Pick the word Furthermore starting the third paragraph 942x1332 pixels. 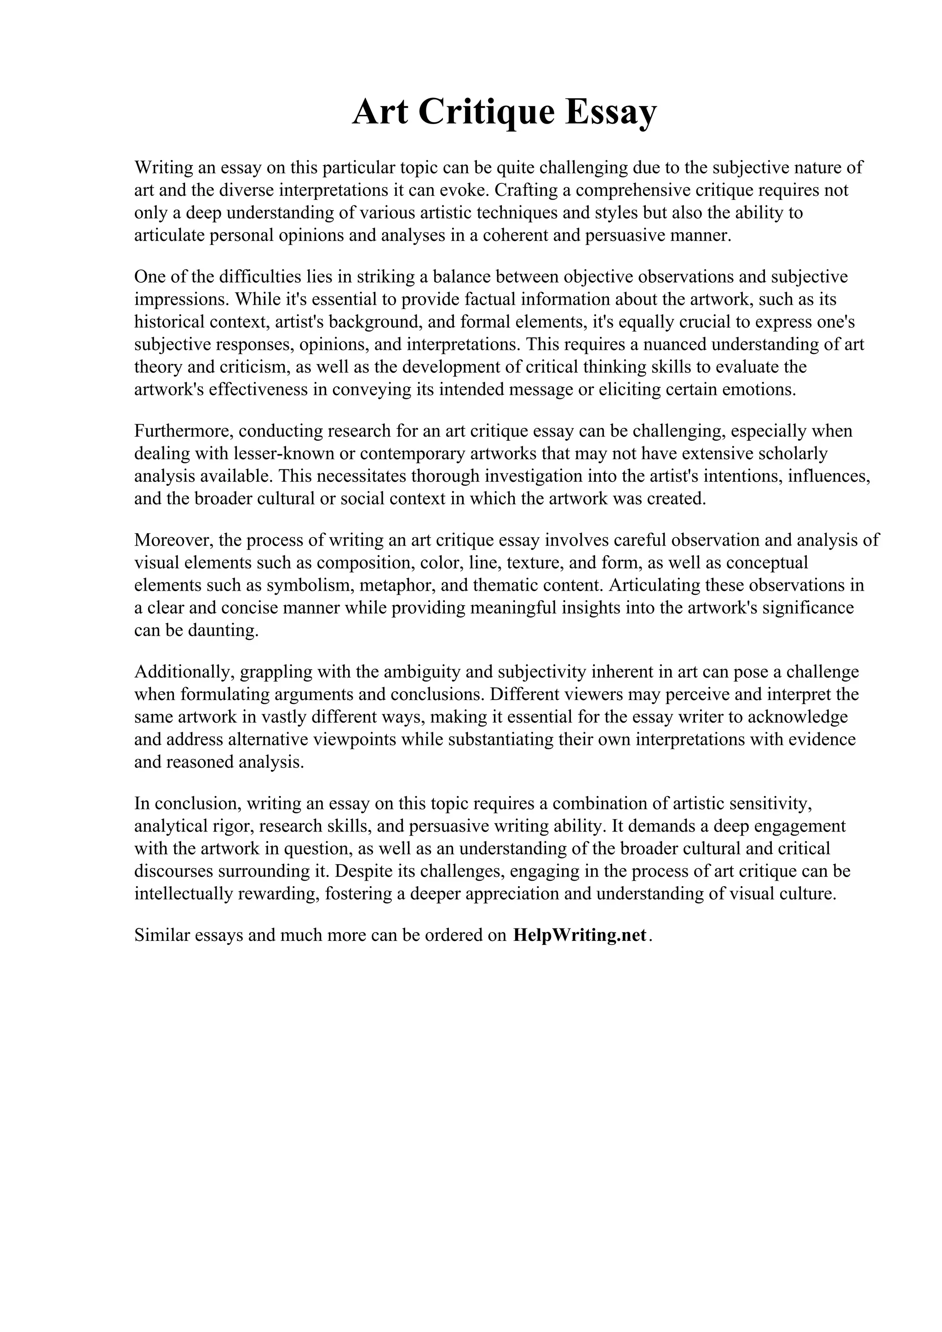[184, 431]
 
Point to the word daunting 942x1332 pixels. [223, 631]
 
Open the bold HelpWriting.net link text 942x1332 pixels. [579, 935]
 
